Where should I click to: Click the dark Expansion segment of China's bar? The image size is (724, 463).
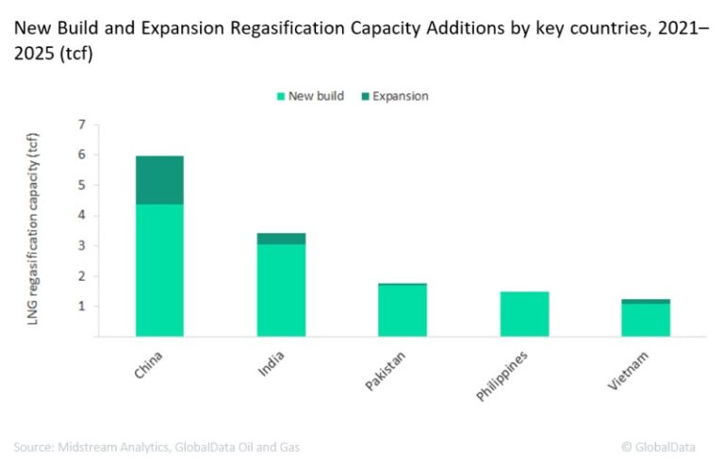click(159, 180)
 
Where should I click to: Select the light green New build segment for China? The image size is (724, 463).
click(159, 270)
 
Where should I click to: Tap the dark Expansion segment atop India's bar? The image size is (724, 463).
click(281, 239)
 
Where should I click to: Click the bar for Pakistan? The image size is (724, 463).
click(403, 310)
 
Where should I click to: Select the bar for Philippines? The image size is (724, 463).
click(524, 314)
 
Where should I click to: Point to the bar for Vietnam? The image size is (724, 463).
click(646, 319)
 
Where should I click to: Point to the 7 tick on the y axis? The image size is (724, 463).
click(82, 124)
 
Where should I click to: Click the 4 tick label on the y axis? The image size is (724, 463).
click(82, 216)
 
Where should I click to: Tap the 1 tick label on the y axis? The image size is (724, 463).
click(82, 306)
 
